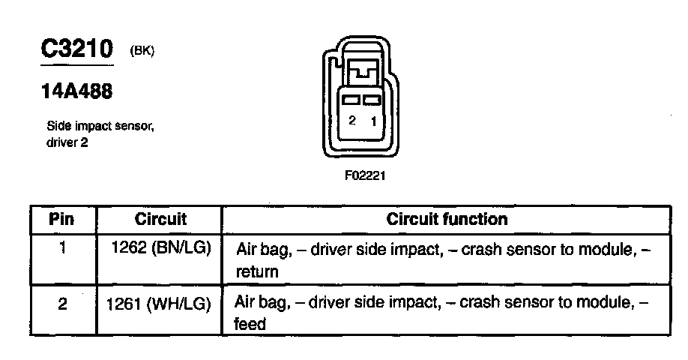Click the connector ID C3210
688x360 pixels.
click(x=76, y=49)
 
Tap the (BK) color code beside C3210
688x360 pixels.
click(x=142, y=51)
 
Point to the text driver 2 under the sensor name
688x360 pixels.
click(x=67, y=142)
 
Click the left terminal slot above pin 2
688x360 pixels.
click(x=351, y=100)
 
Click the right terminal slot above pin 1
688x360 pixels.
click(x=372, y=100)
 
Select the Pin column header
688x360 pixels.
click(x=62, y=220)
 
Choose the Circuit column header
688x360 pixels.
click(x=160, y=220)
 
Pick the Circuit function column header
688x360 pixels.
click(x=447, y=220)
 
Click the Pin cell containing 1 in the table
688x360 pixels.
click(x=62, y=248)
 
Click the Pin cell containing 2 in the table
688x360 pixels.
click(x=62, y=304)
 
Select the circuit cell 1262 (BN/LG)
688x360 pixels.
click(x=160, y=248)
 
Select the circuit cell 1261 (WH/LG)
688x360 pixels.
click(x=160, y=304)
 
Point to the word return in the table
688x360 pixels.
click(x=257, y=272)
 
